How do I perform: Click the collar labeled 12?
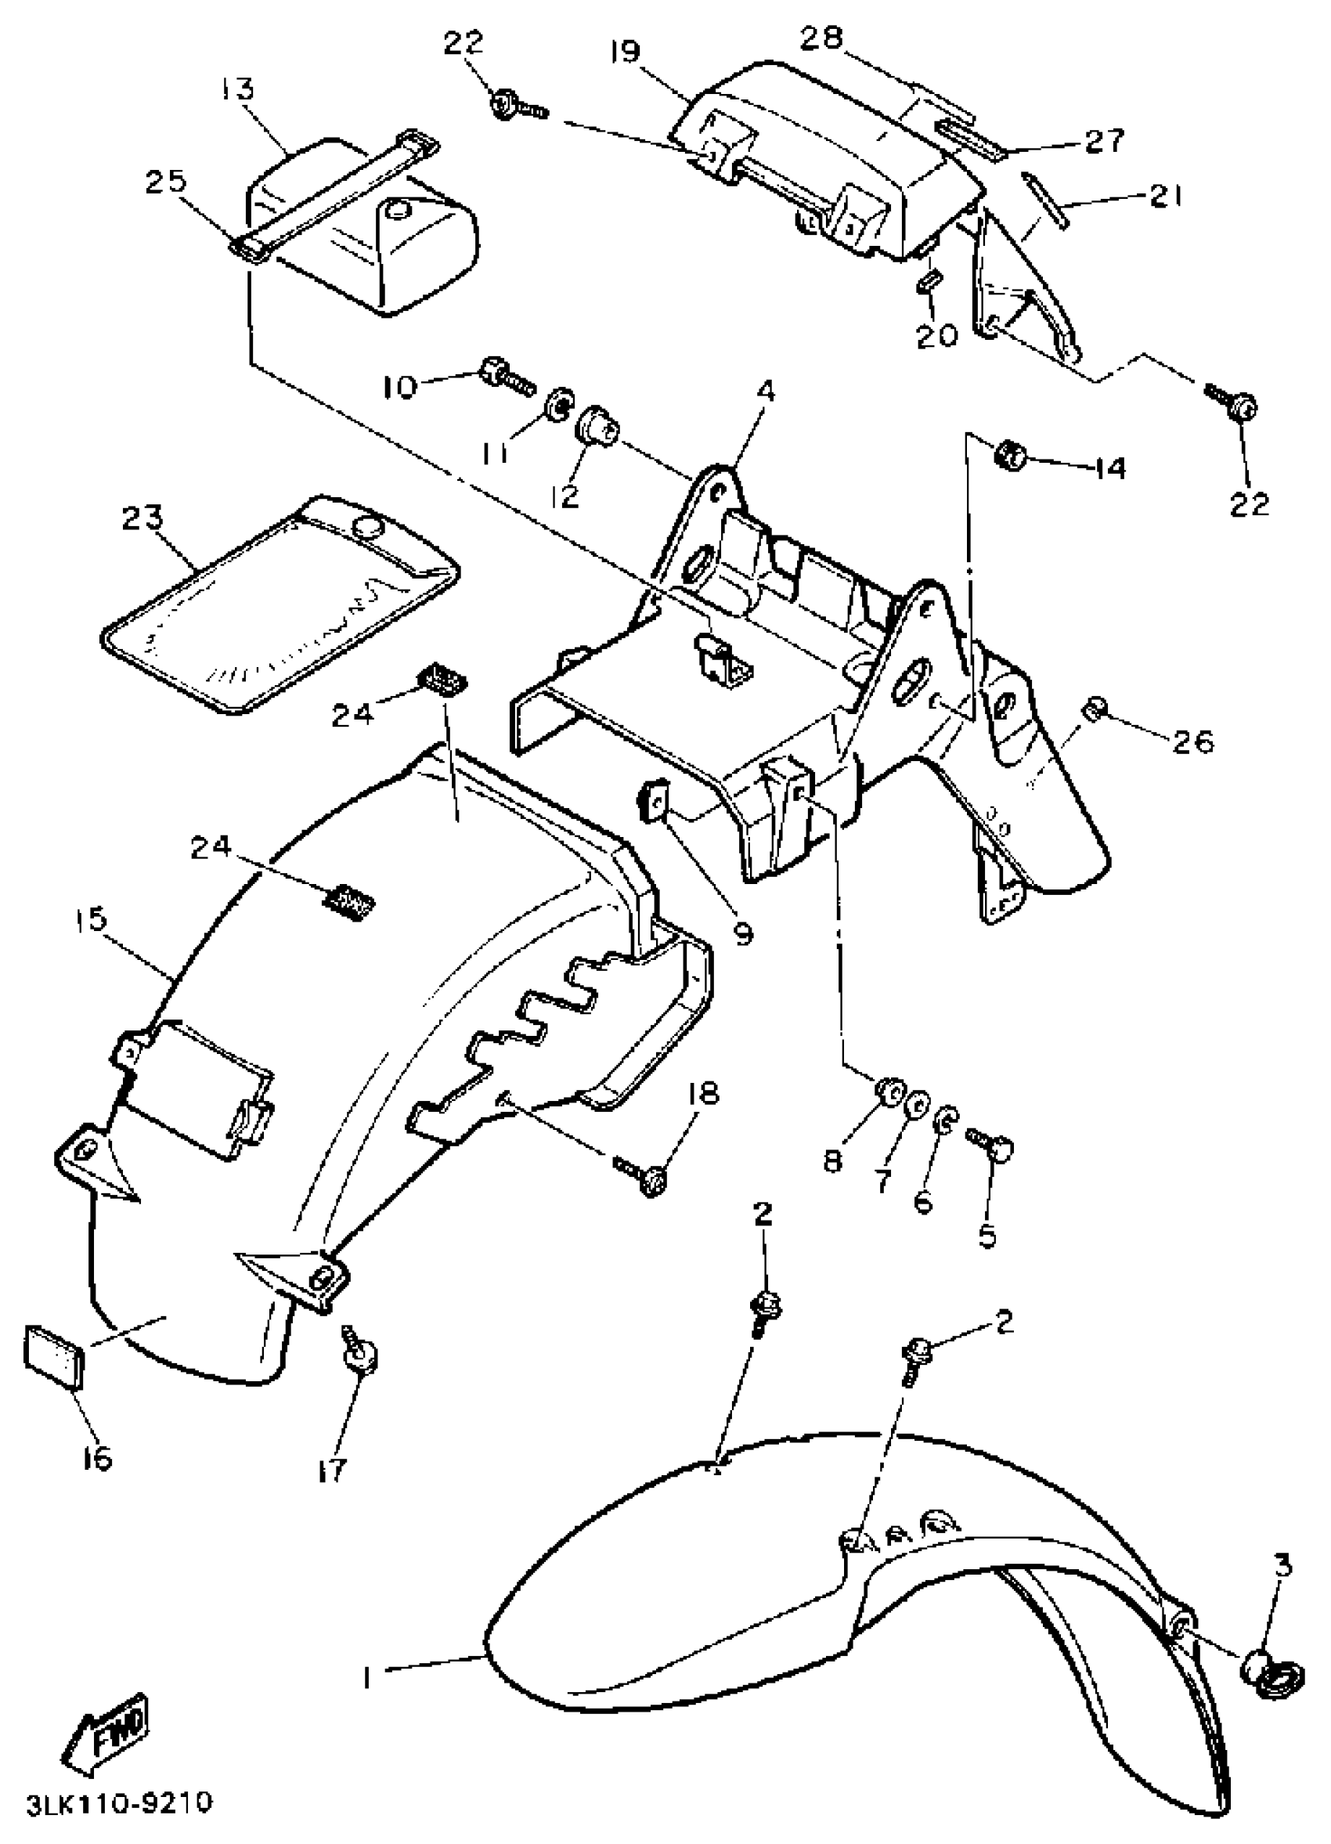pos(594,426)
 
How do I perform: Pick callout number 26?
pos(1192,742)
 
